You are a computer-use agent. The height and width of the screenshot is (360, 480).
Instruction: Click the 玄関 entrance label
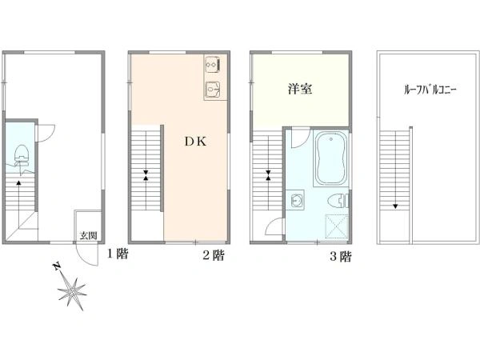tap(89, 236)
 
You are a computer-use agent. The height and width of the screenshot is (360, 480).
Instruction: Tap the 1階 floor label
tap(118, 254)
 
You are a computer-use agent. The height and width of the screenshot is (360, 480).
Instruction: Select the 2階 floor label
tap(214, 255)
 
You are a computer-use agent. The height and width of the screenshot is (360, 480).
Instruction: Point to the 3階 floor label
tap(341, 256)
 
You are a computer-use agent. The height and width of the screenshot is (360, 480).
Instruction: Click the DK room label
tap(196, 141)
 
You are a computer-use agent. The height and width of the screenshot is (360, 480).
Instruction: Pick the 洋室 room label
tap(300, 89)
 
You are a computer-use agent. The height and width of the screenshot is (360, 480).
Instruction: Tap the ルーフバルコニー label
tap(430, 90)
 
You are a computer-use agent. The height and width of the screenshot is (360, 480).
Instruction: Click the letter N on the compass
tap(56, 266)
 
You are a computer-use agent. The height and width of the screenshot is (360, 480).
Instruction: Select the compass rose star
tap(73, 293)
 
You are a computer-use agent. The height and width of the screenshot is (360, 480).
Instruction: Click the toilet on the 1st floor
tap(22, 155)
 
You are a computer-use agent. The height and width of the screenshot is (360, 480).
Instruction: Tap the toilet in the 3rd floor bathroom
tap(338, 201)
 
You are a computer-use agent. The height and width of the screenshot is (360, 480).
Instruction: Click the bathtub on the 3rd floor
tap(331, 158)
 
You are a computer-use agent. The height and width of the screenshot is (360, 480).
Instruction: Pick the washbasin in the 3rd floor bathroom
tap(295, 200)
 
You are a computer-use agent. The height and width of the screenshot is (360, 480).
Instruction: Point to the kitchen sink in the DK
tap(213, 89)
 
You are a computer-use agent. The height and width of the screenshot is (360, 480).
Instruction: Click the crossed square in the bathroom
tap(337, 226)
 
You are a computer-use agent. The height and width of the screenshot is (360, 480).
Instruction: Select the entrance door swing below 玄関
tap(87, 254)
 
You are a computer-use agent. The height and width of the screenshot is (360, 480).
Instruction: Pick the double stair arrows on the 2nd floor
tap(146, 174)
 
